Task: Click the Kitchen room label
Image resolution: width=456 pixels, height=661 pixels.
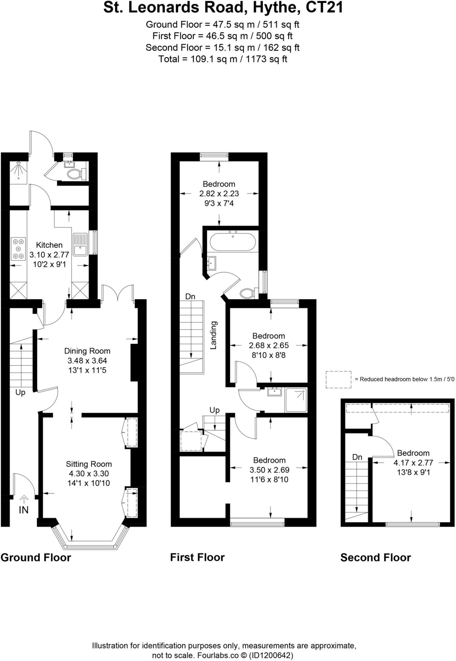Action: coord(49,245)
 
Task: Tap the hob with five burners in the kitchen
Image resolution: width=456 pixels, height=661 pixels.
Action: coord(18,249)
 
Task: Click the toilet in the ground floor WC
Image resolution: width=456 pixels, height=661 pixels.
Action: coord(75,174)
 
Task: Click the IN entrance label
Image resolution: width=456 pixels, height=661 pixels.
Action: coord(24,510)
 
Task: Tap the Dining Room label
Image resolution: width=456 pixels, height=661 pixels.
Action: coord(87,351)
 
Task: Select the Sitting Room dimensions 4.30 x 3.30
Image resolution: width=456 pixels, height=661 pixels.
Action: coord(89,473)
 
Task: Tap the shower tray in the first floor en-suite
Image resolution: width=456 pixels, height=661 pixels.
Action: coord(296,400)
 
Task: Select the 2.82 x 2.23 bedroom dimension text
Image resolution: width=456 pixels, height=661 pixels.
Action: coord(219,194)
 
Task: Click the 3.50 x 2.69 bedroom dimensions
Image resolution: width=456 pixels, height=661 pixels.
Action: coord(269,470)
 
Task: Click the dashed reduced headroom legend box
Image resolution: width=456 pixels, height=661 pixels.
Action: coord(338,380)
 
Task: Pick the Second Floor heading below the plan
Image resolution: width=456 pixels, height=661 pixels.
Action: coord(375,557)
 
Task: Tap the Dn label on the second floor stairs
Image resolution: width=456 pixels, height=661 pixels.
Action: coord(357,457)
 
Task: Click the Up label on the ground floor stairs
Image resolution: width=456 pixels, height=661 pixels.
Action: coord(20,392)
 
